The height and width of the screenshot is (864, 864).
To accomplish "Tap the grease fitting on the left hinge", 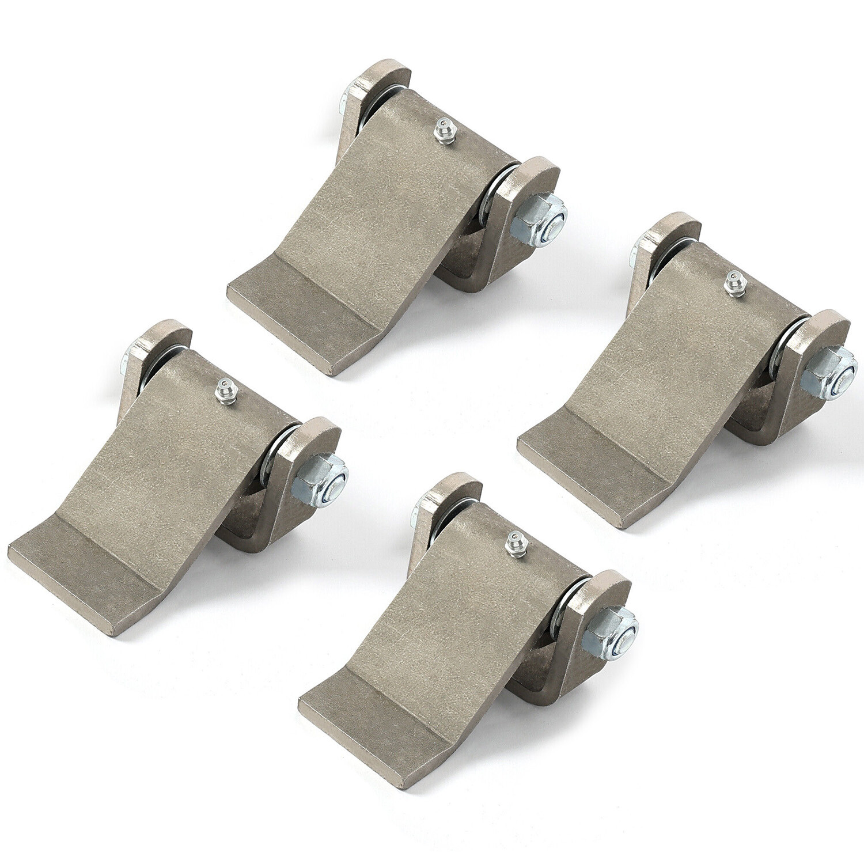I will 226,391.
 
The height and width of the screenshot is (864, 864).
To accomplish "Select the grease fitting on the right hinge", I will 734,284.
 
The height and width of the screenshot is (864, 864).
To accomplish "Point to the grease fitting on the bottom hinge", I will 516,544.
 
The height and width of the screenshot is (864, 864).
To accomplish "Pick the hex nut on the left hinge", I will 320,479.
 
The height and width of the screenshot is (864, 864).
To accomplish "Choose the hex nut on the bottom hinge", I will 611,632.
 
